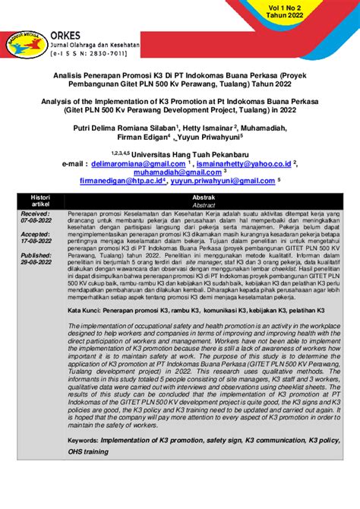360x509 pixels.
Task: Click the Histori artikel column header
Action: pos(39,201)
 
